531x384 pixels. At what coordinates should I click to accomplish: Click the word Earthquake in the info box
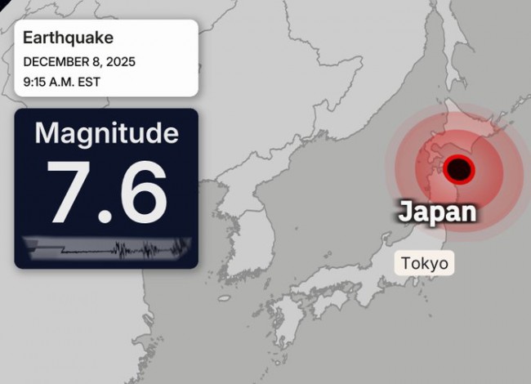pyautogui.click(x=68, y=38)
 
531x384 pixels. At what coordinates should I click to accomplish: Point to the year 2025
pyautogui.click(x=120, y=61)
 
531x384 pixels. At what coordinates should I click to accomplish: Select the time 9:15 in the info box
pyautogui.click(x=36, y=82)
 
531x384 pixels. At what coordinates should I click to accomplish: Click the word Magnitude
pyautogui.click(x=106, y=133)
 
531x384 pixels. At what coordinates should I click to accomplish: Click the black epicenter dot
pyautogui.click(x=460, y=169)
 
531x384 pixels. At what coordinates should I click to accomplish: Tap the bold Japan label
pyautogui.click(x=436, y=212)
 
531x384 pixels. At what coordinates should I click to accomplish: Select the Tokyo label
pyautogui.click(x=425, y=263)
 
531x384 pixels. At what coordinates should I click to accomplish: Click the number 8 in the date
pyautogui.click(x=96, y=61)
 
